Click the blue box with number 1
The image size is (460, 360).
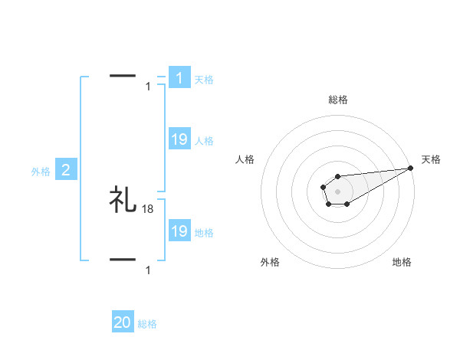pos(179,78)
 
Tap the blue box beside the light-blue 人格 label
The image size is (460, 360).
pos(179,139)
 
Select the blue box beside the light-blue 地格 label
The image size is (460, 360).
pos(179,231)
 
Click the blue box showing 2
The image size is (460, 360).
pos(66,170)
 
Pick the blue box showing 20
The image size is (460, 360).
pos(123,322)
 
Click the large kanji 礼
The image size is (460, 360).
pos(123,200)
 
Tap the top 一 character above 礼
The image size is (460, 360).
pos(123,76)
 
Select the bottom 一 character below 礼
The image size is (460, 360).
pos(123,260)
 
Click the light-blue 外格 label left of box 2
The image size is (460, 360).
pos(41,172)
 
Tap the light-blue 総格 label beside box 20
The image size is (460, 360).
pos(147,324)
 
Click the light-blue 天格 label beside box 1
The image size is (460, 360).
pos(204,79)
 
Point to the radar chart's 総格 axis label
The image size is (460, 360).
pos(338,100)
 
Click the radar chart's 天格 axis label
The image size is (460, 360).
pos(432,159)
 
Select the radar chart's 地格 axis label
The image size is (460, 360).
pos(402,262)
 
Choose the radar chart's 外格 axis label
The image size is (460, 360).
pos(270,262)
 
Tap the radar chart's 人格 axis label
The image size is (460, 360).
pos(245,159)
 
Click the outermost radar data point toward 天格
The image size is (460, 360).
pos(411,169)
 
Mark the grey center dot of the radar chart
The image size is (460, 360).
pos(337,190)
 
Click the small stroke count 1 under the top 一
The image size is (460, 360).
pos(148,86)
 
